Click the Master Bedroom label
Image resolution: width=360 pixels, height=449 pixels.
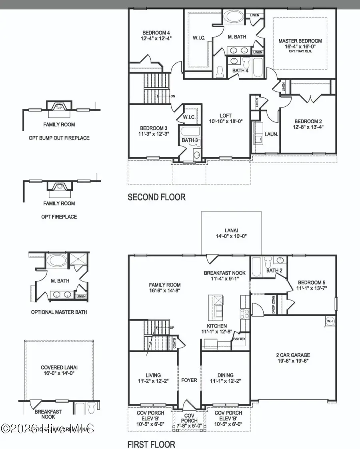[x=300, y=41]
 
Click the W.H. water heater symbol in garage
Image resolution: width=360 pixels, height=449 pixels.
[x=330, y=321]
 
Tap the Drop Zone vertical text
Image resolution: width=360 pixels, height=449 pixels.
[x=274, y=303]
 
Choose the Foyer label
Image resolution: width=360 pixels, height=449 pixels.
[x=189, y=380]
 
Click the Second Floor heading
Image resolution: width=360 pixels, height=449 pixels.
[x=156, y=197]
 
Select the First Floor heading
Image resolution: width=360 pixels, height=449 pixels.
[x=151, y=444]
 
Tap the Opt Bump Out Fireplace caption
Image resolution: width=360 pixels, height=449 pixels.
[x=59, y=138]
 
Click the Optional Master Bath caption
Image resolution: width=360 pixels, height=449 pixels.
[x=59, y=312]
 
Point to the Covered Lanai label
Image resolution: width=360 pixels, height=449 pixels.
[x=59, y=367]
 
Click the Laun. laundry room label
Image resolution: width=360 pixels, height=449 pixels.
[x=271, y=135]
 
